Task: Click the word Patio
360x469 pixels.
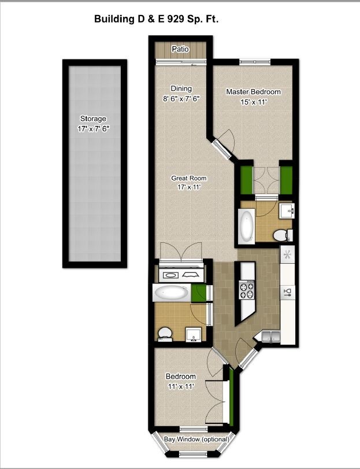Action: (180, 49)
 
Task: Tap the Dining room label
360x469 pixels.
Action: (181, 88)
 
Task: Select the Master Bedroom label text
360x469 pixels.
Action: (253, 92)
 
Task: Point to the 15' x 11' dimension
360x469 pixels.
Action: (253, 102)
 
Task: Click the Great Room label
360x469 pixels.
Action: (188, 178)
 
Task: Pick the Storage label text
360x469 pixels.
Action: (93, 119)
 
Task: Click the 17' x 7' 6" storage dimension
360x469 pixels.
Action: (94, 129)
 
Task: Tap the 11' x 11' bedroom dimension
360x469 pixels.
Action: (181, 386)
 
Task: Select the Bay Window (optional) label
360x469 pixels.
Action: (196, 440)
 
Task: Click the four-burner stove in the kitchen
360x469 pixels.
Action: (247, 290)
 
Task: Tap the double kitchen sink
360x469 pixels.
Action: (270, 336)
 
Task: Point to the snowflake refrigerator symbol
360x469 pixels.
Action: (287, 255)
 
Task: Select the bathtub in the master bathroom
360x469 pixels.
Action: (247, 225)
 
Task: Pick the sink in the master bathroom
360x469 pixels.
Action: (287, 211)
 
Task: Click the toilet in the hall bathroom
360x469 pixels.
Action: (165, 334)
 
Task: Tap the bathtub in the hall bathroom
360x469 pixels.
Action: (171, 293)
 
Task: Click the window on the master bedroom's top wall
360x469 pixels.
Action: (255, 62)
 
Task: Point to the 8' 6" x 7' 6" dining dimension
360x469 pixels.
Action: (181, 99)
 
